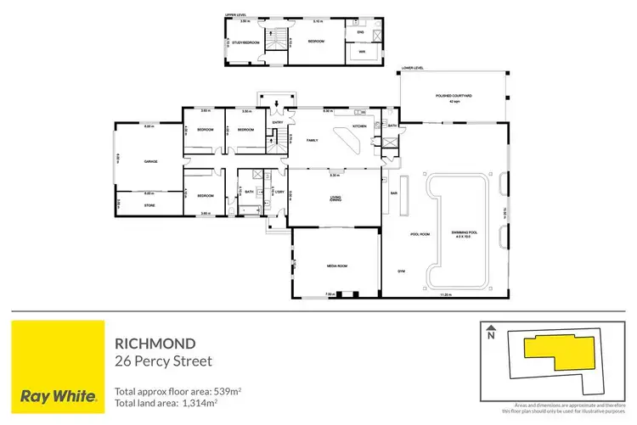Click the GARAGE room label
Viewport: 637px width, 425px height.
tap(151, 160)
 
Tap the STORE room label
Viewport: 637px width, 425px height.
tap(149, 204)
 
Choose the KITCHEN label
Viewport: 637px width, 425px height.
tap(359, 126)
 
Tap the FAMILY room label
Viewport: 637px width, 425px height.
tap(312, 140)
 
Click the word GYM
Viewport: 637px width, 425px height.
tap(401, 271)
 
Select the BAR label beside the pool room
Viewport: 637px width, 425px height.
tap(393, 193)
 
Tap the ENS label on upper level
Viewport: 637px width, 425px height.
tap(359, 31)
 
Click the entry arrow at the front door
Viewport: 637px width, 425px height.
tap(277, 106)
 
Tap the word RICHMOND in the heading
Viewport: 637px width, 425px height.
tap(155, 344)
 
